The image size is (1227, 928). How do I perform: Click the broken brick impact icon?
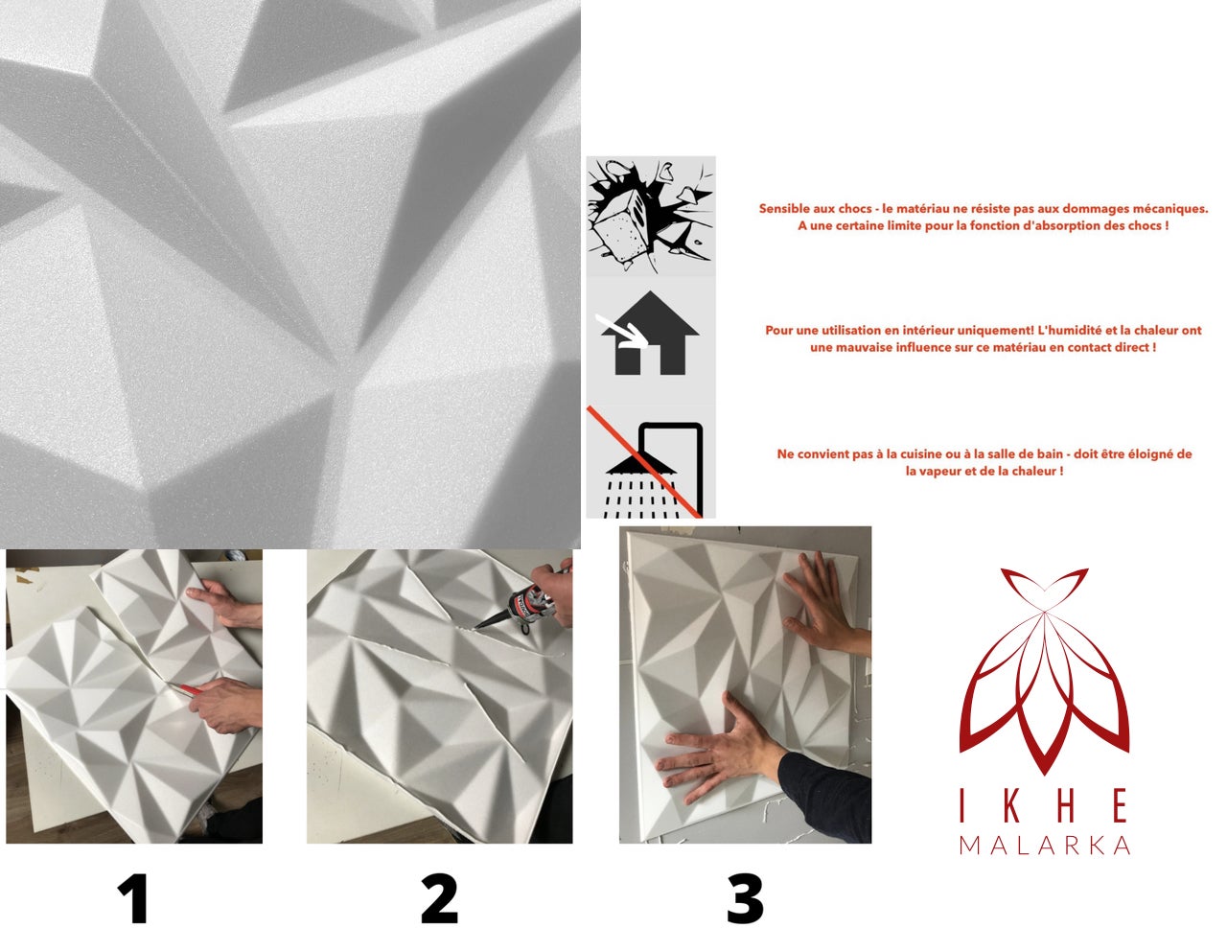click(650, 217)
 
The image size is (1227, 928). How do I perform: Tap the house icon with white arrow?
click(650, 336)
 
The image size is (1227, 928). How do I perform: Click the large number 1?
click(132, 899)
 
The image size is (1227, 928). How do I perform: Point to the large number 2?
click(439, 899)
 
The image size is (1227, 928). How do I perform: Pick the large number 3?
click(745, 899)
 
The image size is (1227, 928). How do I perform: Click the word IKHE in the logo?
click(1044, 806)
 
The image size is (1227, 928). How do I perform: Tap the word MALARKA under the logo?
click(1044, 845)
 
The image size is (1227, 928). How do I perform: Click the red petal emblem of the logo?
click(1044, 671)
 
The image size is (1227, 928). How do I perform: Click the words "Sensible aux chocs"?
click(812, 209)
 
